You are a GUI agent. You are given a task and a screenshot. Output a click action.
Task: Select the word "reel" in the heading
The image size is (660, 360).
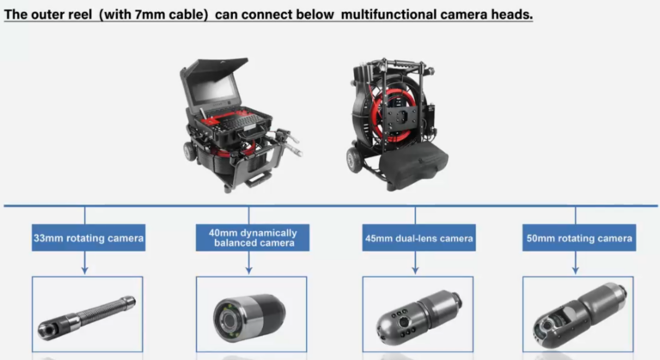point(80,15)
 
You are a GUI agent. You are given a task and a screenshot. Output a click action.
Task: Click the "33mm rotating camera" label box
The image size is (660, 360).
point(89,238)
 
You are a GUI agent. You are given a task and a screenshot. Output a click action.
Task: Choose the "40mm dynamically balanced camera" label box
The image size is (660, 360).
point(253,238)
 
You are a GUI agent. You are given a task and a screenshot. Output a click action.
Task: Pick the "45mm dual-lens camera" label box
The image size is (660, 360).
point(419,238)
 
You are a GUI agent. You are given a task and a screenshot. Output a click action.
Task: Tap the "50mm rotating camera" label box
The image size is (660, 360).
point(579,238)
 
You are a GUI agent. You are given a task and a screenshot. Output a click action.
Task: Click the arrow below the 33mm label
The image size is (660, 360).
point(85,263)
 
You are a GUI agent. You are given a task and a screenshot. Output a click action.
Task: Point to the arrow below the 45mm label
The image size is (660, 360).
point(415,263)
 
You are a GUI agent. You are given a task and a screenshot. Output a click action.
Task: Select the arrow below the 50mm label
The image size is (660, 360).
point(576,263)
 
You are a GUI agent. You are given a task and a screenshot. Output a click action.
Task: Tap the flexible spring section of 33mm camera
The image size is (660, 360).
point(102,313)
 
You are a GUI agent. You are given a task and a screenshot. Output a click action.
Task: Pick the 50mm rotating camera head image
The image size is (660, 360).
point(579,314)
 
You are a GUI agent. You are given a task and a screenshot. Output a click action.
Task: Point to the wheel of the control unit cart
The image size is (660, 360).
point(189,151)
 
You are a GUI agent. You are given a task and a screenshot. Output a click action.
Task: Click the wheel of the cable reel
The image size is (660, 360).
point(354,160)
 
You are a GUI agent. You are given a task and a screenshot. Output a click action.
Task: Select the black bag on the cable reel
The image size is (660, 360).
point(413,165)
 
